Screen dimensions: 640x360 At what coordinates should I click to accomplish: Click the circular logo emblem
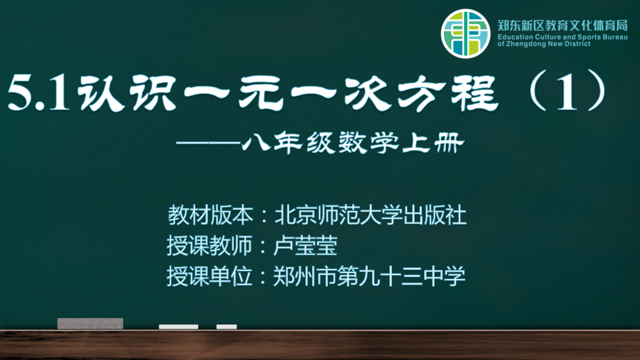(465, 33)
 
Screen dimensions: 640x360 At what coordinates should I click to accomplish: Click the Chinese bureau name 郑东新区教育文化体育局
(563, 26)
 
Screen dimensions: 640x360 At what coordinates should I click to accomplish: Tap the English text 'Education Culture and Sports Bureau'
(563, 37)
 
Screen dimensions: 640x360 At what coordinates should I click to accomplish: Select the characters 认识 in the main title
(127, 93)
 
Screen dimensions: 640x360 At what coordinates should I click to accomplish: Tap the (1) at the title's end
(567, 91)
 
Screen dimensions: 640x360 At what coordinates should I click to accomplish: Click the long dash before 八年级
(208, 143)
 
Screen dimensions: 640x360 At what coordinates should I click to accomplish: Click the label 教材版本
(210, 215)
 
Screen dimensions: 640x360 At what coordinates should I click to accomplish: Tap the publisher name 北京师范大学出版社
(370, 215)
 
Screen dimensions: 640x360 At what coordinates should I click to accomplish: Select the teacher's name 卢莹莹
(305, 246)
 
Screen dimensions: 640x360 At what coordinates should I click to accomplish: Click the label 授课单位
(209, 276)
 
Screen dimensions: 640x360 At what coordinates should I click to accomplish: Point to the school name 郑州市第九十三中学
(369, 276)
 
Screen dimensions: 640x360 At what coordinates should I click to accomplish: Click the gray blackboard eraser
(90, 323)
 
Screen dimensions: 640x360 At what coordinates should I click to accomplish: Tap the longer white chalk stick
(179, 327)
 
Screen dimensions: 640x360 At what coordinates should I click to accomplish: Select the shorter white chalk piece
(227, 327)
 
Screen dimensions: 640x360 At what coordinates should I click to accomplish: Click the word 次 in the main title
(367, 94)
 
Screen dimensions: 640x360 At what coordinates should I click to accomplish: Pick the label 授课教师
(209, 246)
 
